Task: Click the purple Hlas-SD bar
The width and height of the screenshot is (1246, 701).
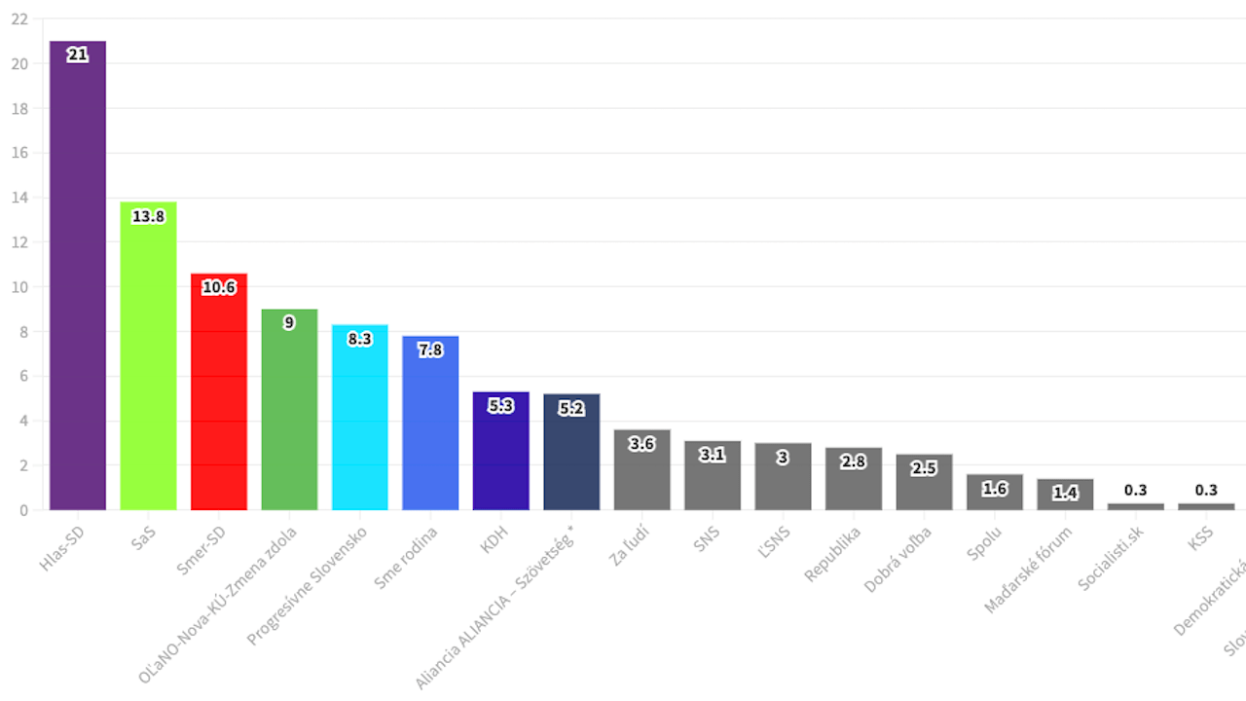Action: pyautogui.click(x=78, y=282)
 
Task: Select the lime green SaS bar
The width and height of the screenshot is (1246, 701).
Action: pyautogui.click(x=148, y=360)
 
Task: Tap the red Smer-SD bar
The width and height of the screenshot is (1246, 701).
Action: pyautogui.click(x=219, y=399)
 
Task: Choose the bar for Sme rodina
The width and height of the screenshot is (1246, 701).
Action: pyautogui.click(x=430, y=428)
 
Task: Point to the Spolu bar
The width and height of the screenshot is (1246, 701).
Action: pyautogui.click(x=994, y=495)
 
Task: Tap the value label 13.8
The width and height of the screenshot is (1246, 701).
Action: pyautogui.click(x=148, y=216)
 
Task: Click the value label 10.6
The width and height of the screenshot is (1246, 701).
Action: pyautogui.click(x=219, y=287)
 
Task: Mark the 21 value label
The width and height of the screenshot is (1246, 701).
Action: pyautogui.click(x=78, y=55)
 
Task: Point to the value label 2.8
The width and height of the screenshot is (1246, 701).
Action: pyautogui.click(x=853, y=461)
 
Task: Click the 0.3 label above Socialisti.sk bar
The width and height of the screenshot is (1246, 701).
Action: pyautogui.click(x=1135, y=490)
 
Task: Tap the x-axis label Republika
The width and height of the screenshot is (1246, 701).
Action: pyautogui.click(x=834, y=554)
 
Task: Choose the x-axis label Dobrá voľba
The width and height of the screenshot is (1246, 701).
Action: pyautogui.click(x=898, y=559)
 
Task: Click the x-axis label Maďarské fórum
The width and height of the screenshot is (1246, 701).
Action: pyautogui.click(x=1029, y=569)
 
